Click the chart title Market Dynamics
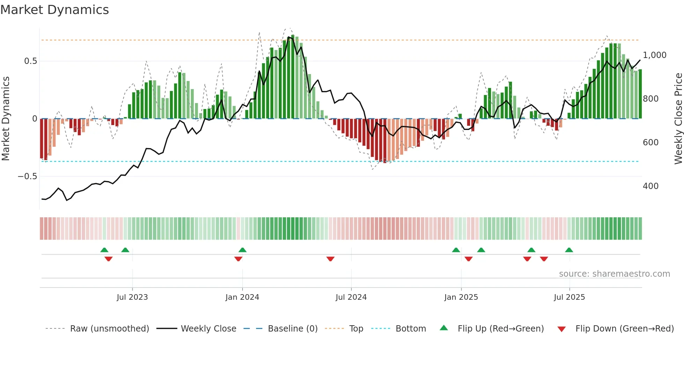[x=55, y=10]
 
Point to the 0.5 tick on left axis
[x=30, y=61]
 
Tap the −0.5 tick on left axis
[x=27, y=176]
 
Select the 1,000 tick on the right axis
[x=654, y=55]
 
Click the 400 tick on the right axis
[x=650, y=186]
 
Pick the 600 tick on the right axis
[x=650, y=143]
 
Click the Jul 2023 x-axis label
[x=132, y=297]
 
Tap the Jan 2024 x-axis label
[x=242, y=297]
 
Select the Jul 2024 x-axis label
[x=351, y=297]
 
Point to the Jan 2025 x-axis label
[x=461, y=297]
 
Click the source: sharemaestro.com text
[x=614, y=274]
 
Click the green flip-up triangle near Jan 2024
[x=243, y=250]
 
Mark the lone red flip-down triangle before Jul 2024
[x=330, y=259]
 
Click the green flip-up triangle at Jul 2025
[x=569, y=250]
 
